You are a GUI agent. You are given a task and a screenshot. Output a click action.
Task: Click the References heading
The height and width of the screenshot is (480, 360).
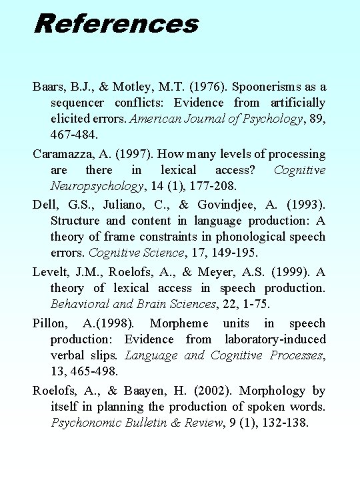pos(116,23)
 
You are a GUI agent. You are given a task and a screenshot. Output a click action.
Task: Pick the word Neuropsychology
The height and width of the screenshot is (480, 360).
pos(96,186)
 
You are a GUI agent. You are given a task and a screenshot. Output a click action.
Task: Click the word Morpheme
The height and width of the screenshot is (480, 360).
pos(178,323)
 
